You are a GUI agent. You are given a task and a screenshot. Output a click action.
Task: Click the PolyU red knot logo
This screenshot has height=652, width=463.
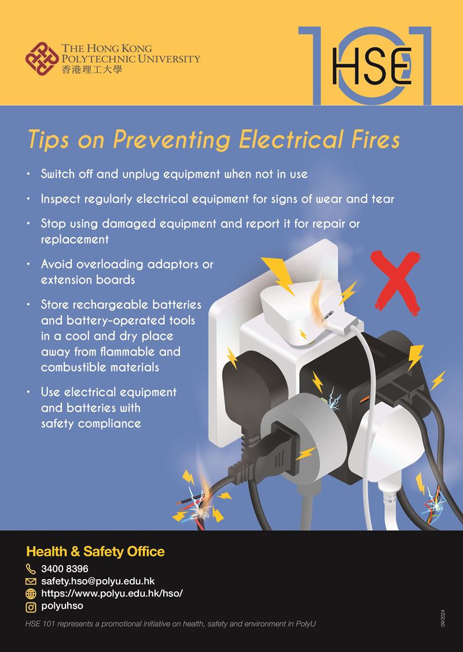[42, 59]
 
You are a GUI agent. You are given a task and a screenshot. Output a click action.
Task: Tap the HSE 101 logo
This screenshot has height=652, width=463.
[365, 65]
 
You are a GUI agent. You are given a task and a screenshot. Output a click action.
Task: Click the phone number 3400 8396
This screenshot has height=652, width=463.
[65, 569]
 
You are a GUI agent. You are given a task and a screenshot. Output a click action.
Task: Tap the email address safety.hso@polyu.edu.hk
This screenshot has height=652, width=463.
[98, 581]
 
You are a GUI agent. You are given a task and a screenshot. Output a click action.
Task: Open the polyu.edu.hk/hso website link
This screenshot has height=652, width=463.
[112, 593]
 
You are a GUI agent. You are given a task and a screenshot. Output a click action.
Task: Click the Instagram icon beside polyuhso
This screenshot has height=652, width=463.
[31, 607]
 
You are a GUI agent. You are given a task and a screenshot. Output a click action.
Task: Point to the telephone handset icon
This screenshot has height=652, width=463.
[31, 569]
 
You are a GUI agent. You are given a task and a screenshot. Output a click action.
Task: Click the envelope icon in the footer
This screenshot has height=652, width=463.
[31, 581]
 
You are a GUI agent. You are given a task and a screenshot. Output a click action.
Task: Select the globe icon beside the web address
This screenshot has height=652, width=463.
[31, 594]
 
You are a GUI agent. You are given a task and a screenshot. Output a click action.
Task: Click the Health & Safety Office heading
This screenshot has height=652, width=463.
[95, 551]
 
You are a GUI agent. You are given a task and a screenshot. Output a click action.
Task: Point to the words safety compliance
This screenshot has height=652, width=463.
[91, 424]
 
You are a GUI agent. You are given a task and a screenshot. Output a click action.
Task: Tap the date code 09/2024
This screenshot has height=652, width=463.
[443, 618]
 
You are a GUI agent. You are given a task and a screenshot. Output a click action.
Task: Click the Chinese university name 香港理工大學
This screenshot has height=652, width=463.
[92, 70]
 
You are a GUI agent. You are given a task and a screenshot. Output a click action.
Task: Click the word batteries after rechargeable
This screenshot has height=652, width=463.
[177, 305]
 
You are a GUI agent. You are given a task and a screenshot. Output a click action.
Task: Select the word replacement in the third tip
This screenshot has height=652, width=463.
[75, 239]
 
